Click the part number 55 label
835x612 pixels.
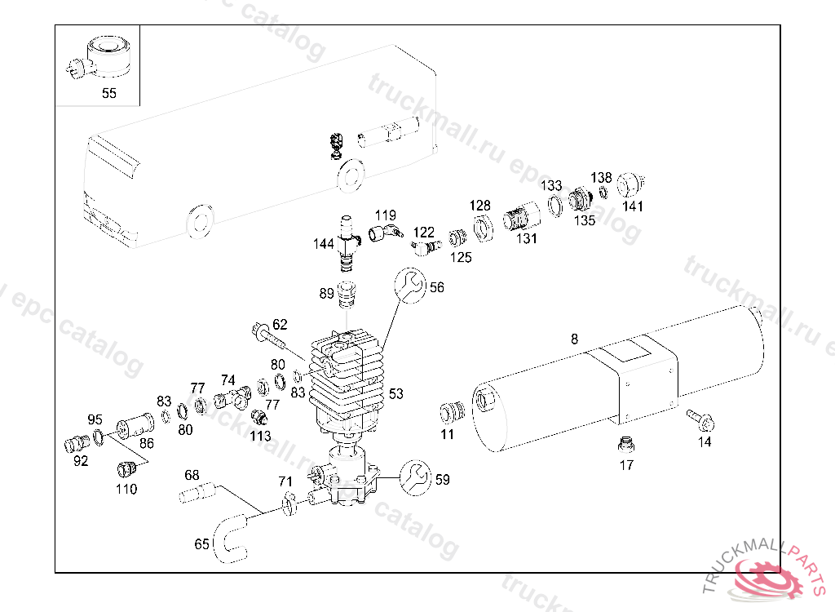point(109,93)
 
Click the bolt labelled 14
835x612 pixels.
point(700,419)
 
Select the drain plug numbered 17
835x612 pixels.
point(626,445)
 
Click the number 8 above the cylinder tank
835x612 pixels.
point(575,338)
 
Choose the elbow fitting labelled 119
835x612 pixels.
point(383,233)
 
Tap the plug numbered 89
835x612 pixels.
point(349,290)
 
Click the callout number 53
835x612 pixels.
point(395,394)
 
